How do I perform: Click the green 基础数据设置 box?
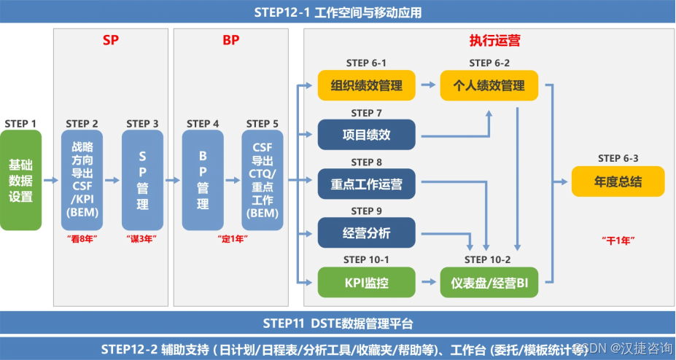(x=20, y=180)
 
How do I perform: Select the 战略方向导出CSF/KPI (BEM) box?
(x=82, y=180)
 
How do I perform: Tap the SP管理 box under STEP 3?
(x=142, y=180)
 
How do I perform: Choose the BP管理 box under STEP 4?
(x=203, y=180)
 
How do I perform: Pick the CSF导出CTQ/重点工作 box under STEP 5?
(x=263, y=180)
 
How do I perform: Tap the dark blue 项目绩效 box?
(x=366, y=135)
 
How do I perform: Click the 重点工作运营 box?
(x=366, y=184)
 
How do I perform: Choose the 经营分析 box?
(x=366, y=233)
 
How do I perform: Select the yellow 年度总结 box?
(x=618, y=181)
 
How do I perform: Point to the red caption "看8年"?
(x=82, y=238)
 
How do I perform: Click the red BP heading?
(x=230, y=40)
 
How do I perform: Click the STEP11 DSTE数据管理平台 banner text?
(x=338, y=324)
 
